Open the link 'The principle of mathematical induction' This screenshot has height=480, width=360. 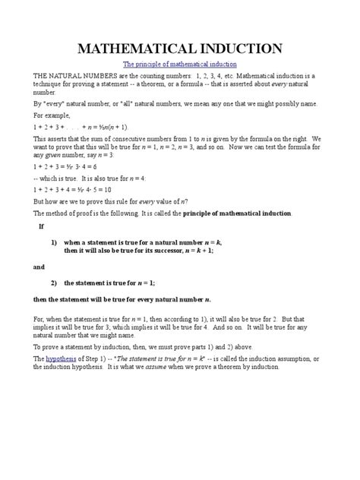pyautogui.click(x=180, y=65)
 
